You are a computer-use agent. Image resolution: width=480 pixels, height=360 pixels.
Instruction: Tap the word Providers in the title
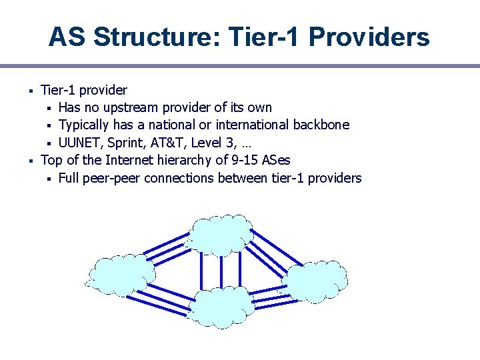click(x=369, y=37)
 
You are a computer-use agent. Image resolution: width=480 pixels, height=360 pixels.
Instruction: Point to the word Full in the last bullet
click(x=70, y=178)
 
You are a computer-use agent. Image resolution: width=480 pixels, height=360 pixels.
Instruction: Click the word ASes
click(x=276, y=160)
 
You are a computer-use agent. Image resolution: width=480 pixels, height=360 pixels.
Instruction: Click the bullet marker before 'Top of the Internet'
click(x=31, y=160)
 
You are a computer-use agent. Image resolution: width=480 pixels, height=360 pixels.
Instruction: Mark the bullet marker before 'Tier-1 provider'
click(x=31, y=90)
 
